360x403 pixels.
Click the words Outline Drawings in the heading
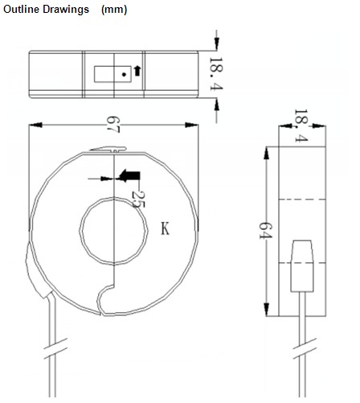click(x=46, y=10)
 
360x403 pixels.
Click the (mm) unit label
click(x=114, y=10)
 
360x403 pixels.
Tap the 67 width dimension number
click(x=113, y=125)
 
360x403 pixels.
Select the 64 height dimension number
click(x=266, y=230)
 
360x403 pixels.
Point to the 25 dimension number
click(x=138, y=199)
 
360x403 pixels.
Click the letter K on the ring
click(x=165, y=228)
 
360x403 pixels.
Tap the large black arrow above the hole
click(x=129, y=176)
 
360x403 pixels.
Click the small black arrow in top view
click(x=137, y=71)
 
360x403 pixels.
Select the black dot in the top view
click(x=124, y=75)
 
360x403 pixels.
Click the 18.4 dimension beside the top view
click(x=216, y=74)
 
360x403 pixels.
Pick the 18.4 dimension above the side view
click(x=301, y=125)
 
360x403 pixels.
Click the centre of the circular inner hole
click(x=114, y=231)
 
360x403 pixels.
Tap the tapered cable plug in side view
click(x=302, y=266)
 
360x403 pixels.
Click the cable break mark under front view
click(x=55, y=348)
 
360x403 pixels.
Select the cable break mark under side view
click(x=305, y=348)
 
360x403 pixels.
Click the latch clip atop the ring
click(x=108, y=149)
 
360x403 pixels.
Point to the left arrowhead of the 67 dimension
click(x=35, y=125)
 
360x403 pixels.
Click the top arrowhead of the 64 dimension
click(x=266, y=154)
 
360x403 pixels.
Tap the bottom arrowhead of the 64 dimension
click(x=266, y=309)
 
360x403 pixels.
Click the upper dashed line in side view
click(x=302, y=199)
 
